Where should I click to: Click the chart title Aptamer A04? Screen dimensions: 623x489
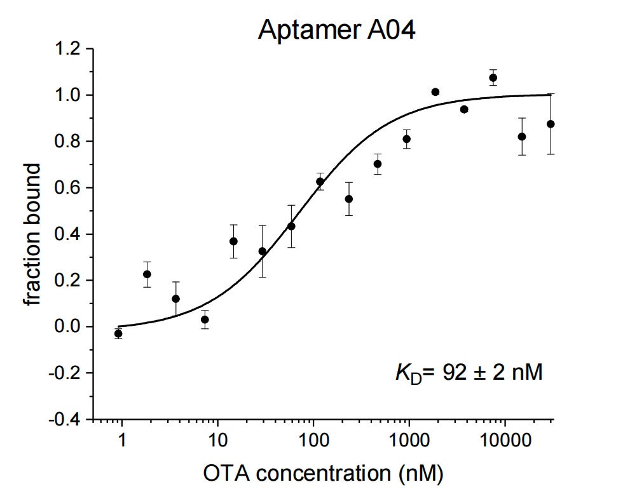coord(336,30)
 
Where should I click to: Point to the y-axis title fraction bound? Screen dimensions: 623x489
coord(32,234)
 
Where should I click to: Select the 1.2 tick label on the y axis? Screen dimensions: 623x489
coord(67,49)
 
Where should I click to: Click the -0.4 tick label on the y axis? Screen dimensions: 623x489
coord(64,419)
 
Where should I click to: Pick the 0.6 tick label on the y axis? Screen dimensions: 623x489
coord(67,188)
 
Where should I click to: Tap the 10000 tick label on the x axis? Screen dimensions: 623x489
coord(505,441)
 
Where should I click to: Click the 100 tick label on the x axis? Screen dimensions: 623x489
coord(313,441)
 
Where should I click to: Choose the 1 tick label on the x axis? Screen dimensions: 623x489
coord(121,441)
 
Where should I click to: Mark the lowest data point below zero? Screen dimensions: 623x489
coord(118,334)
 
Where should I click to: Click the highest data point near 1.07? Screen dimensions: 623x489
coord(493,77)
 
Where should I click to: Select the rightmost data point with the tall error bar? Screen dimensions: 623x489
coord(551,124)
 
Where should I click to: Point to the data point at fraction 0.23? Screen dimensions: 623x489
coord(147,274)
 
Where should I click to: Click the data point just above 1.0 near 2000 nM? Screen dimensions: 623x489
coord(435,92)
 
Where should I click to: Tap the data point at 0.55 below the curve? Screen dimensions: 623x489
coord(349,199)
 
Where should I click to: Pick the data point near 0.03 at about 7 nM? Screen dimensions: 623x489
coord(205,319)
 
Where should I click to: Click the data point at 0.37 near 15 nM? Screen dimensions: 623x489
coord(234,241)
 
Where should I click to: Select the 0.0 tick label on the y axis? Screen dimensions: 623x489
coord(67,326)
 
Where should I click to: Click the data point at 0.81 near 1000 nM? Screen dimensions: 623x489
coord(406,139)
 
